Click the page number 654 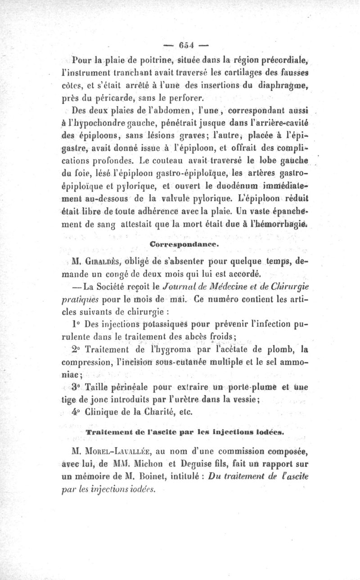pos(185,45)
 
